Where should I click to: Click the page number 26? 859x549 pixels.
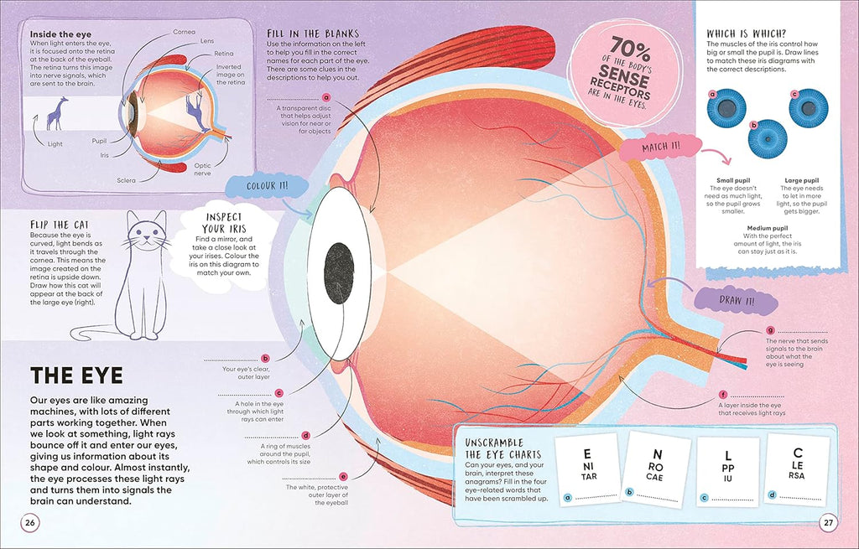tap(30, 523)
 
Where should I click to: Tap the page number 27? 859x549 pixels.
tap(828, 523)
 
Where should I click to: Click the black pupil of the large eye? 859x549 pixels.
tap(339, 273)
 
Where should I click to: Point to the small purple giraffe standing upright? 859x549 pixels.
tap(57, 113)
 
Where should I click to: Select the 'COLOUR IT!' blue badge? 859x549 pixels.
tap(267, 186)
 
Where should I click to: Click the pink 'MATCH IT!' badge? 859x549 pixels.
tap(661, 147)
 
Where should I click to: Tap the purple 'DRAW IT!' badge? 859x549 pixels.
tap(737, 301)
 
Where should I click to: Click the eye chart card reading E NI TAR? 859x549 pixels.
tap(588, 469)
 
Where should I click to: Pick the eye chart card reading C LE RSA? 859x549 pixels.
tap(797, 469)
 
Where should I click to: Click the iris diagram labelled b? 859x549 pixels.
tap(768, 139)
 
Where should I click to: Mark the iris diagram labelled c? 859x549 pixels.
tap(809, 108)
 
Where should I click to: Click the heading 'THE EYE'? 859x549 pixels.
tap(76, 375)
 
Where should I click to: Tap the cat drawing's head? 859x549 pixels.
tap(146, 231)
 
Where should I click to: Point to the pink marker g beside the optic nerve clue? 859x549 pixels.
tap(771, 330)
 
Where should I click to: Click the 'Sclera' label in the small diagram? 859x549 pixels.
tap(126, 180)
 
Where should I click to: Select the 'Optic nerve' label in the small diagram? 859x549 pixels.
tap(202, 169)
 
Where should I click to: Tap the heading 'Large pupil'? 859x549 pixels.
tap(801, 180)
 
